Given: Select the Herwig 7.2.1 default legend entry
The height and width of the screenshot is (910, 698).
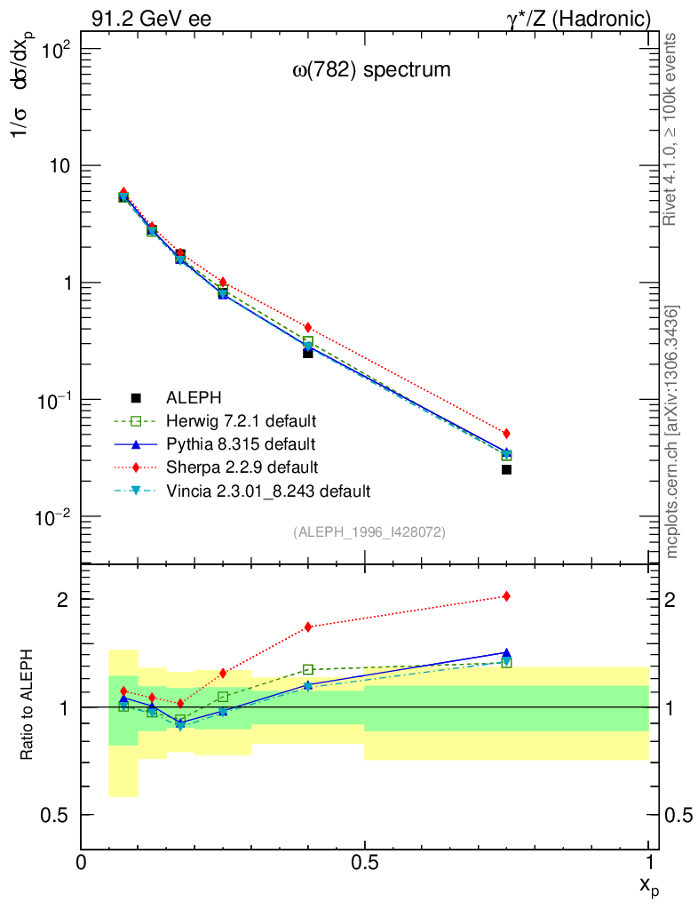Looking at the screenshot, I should [241, 420].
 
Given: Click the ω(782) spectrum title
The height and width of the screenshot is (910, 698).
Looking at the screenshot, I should [372, 69].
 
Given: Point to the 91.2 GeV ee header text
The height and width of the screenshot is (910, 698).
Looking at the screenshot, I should [151, 19].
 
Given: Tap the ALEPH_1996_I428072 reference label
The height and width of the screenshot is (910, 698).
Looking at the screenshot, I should [369, 531].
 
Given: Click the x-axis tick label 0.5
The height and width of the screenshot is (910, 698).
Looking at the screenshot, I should [364, 862].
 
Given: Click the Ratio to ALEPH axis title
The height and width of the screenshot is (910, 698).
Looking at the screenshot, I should [28, 706].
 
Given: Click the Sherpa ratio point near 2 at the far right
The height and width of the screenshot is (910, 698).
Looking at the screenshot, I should [506, 596].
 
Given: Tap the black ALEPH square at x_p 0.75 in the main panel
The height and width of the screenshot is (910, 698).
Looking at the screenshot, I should [506, 469].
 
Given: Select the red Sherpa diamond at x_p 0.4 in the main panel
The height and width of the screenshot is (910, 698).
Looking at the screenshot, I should [308, 328].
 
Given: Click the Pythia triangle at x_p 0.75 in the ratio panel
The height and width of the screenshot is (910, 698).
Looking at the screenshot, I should [506, 653].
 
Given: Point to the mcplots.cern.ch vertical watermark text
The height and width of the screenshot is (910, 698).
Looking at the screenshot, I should [673, 432].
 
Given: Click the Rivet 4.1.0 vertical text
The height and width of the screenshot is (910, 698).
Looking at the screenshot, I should [671, 129].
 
